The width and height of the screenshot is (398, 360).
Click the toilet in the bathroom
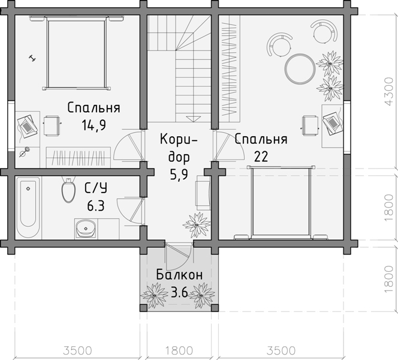68,190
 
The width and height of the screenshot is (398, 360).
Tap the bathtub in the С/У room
28,208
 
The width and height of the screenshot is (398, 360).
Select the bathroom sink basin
86,229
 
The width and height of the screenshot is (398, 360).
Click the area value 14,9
94,125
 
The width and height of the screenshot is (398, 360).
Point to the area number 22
261,157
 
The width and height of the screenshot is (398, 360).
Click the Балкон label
179,275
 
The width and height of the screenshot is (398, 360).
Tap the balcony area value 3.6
179,292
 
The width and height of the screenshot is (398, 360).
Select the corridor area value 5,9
179,175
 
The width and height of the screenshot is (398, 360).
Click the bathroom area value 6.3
96,206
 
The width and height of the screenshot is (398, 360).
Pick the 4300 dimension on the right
388,91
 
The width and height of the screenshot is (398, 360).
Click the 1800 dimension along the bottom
179,350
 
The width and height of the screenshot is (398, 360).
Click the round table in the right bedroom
300,68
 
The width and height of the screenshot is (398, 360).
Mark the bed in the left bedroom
76,53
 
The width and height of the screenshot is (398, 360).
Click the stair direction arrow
194,119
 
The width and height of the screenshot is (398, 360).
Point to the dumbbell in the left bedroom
32,58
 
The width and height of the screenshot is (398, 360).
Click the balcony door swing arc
186,262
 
